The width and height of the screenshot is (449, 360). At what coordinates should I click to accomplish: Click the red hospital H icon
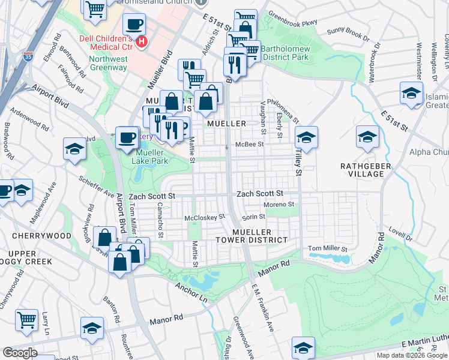point(142,42)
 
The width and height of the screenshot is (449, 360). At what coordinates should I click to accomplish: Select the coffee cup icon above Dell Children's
point(134,25)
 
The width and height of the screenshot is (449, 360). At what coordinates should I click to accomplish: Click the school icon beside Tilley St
point(306,139)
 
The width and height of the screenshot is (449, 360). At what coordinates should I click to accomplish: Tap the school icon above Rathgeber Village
point(367,137)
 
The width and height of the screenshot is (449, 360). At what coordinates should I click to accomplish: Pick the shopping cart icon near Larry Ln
point(26,320)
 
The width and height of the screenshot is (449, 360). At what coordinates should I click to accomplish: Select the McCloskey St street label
point(204,217)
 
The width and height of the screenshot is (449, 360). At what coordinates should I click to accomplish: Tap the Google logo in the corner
point(20,353)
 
